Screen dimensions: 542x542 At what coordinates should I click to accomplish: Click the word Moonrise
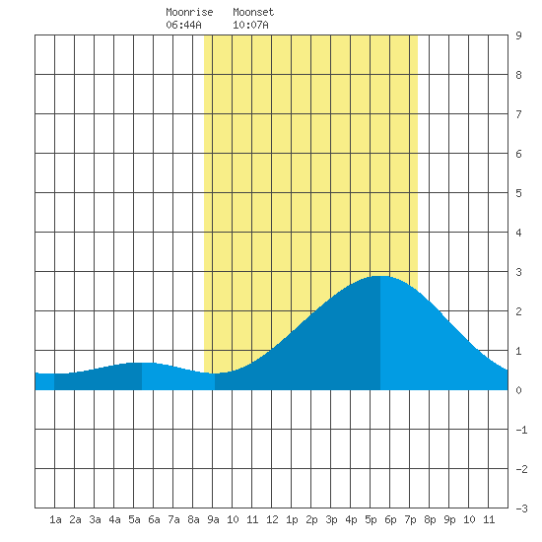tap(189, 12)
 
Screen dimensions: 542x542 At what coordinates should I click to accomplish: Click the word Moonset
tap(253, 12)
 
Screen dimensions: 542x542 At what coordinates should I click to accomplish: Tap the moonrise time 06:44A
tap(183, 25)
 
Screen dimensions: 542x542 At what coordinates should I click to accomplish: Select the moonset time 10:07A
tap(250, 25)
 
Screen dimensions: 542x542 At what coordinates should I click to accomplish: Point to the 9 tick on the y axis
tap(518, 35)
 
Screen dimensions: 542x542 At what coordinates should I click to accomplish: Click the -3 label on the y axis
tap(522, 508)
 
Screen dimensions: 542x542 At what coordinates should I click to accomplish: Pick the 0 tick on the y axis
tap(518, 390)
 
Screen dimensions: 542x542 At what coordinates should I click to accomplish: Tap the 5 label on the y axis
tap(518, 193)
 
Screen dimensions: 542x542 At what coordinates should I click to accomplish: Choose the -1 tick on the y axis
tap(522, 430)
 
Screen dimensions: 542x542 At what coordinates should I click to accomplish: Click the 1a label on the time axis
tap(55, 519)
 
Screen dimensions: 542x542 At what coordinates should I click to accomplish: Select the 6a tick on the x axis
tap(154, 519)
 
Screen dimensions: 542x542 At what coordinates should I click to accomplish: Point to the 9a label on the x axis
tap(213, 519)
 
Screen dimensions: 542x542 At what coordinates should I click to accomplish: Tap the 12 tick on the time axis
tap(272, 519)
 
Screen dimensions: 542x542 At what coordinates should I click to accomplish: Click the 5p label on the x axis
tap(371, 519)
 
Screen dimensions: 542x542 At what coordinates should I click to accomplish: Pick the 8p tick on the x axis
tap(430, 519)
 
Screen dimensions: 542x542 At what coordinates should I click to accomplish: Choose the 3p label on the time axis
tap(331, 519)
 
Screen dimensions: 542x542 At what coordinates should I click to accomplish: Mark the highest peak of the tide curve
tap(380, 276)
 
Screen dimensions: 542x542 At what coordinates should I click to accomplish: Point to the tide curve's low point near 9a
tap(214, 373)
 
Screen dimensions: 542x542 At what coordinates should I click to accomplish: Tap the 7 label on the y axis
tap(518, 114)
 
